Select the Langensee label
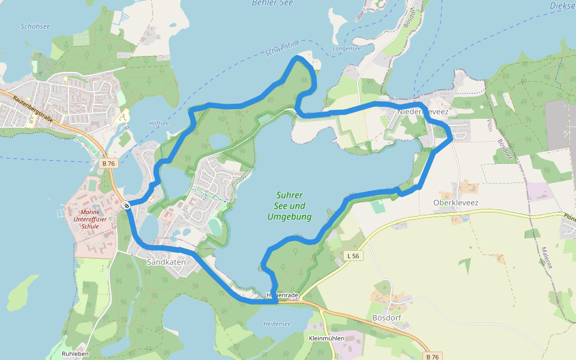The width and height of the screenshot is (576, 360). pos(347,49)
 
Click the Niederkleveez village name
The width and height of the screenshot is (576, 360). pos(423,112)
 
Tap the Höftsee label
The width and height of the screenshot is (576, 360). pos(159,123)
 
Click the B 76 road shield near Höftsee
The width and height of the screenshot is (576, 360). pos(108,163)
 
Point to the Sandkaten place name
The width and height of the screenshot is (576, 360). pos(166,262)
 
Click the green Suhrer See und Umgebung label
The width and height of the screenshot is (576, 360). pos(290,206)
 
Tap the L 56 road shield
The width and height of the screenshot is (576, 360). pos(353,256)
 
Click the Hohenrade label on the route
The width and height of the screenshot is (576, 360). pos(283,295)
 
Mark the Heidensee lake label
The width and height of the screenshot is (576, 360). pos(277,324)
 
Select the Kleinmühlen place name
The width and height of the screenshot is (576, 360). pos(326,338)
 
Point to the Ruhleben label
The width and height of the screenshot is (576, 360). pos(75,354)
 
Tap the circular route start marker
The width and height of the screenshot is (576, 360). pos(127,206)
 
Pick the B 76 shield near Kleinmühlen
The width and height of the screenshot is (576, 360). pos(431,356)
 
